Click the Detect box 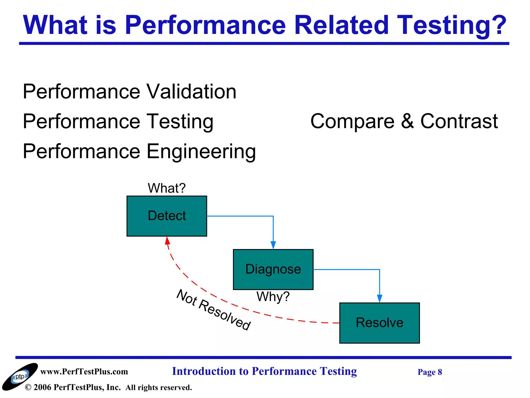pos(167,216)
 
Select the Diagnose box pos(273,269)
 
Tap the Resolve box pos(379,323)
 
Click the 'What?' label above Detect pos(167,188)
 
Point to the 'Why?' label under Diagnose pos(273,296)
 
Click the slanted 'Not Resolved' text pos(213,310)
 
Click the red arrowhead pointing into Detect pos(167,241)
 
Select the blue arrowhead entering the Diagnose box pos(273,245)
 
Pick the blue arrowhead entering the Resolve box pos(380,298)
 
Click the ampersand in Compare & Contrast pos(407,121)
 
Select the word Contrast pos(459,121)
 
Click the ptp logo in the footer pos(20,376)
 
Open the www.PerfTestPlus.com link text pos(84,372)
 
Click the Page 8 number pos(430,372)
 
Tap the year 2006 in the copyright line pos(42,387)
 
